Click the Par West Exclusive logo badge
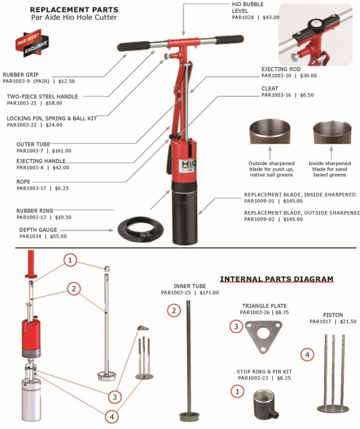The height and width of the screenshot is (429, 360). pyautogui.click(x=29, y=42)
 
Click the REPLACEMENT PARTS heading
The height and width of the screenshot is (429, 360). pyautogui.click(x=74, y=9)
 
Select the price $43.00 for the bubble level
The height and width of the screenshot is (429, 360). pyautogui.click(x=270, y=17)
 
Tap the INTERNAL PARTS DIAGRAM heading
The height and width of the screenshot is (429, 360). pyautogui.click(x=277, y=279)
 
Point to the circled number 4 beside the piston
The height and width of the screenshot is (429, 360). pyautogui.click(x=307, y=355)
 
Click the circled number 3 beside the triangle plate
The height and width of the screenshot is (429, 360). pyautogui.click(x=236, y=326)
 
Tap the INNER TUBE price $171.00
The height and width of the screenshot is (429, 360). pyautogui.click(x=209, y=293)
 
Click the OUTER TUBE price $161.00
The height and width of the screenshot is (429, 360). pyautogui.click(x=61, y=151)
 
